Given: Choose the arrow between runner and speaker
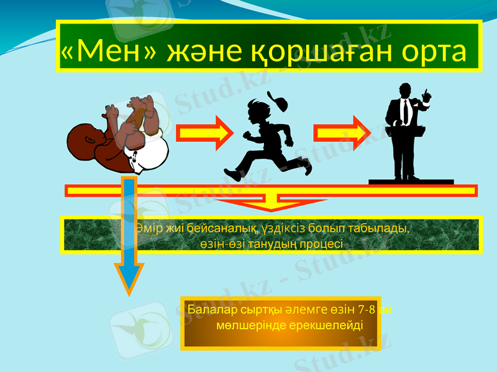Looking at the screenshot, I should click(340, 133).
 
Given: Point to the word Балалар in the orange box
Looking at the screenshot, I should click(214, 309).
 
